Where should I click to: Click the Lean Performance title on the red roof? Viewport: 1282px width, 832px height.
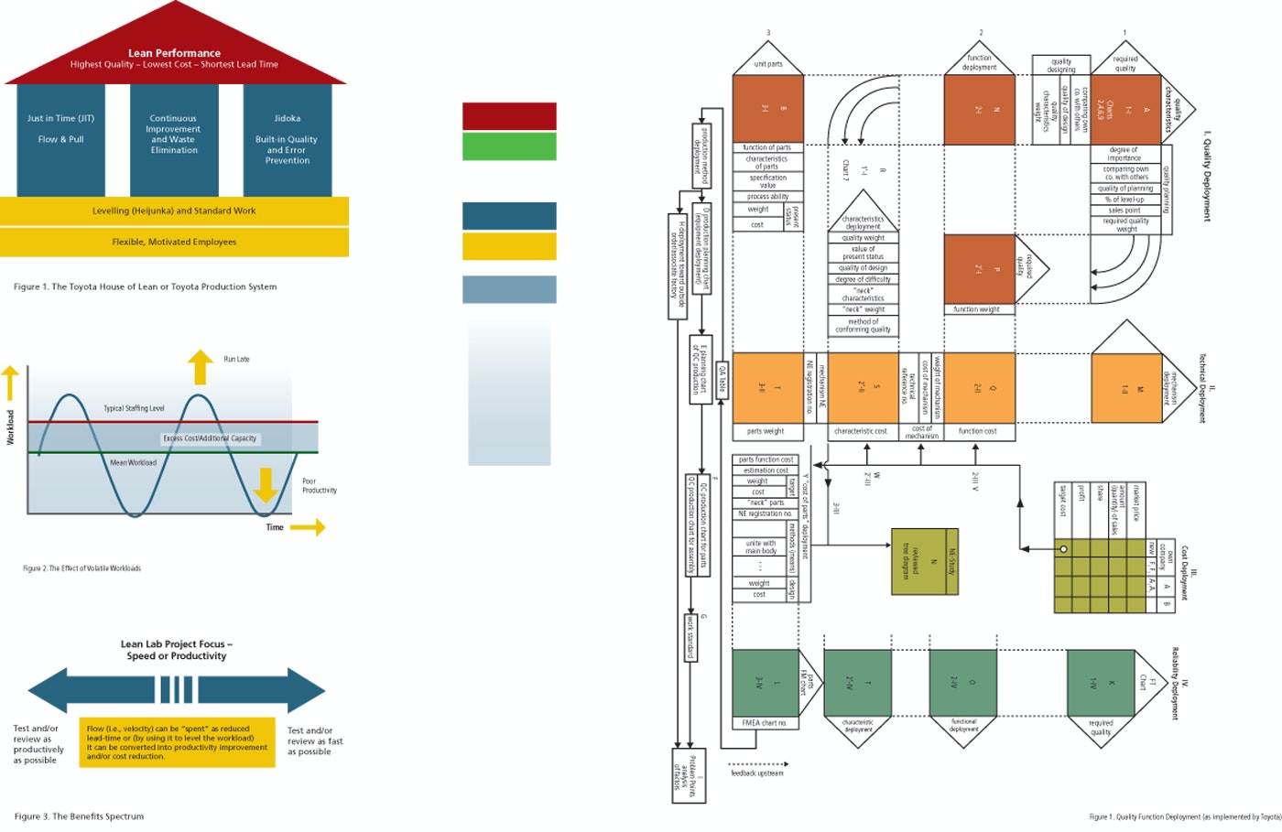point(174,53)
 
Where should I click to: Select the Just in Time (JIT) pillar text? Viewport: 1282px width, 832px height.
point(60,118)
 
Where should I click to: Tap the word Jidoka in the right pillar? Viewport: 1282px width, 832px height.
point(287,118)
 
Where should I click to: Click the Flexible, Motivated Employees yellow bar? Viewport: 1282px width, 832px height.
point(174,242)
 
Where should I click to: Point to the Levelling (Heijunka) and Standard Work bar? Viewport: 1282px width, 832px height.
point(174,211)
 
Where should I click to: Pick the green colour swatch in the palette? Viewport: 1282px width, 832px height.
point(509,146)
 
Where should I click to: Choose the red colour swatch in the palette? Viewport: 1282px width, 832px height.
point(509,116)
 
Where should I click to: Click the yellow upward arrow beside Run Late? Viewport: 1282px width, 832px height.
point(200,367)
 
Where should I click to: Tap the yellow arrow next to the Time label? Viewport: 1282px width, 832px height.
point(308,527)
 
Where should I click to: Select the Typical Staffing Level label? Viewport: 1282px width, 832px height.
point(134,408)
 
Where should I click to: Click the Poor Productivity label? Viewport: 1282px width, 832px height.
point(320,485)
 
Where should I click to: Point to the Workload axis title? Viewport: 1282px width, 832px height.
point(11,427)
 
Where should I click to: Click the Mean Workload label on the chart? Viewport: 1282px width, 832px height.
point(134,462)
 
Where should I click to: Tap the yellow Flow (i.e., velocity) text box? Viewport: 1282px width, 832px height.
point(177,741)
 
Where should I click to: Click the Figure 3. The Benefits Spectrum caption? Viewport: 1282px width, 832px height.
point(79,816)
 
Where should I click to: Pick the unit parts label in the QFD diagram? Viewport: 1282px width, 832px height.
point(768,64)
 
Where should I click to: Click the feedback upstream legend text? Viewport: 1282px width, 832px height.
point(757,773)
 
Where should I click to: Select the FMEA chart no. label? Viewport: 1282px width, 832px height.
point(765,723)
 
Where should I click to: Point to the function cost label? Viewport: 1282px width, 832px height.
point(978,431)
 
